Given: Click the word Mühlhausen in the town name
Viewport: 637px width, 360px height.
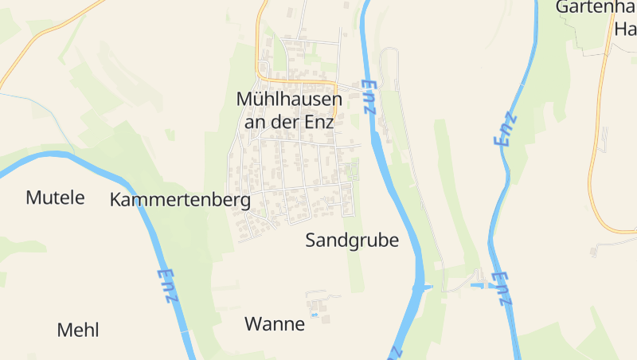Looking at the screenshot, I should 289,100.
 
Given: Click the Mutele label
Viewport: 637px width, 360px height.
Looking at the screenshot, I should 55,198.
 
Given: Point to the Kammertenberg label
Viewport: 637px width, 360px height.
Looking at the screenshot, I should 180,200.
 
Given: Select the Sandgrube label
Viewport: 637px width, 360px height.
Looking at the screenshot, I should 352,241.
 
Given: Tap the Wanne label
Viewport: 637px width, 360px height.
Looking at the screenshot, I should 275,324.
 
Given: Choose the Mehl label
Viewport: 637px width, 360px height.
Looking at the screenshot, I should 78,330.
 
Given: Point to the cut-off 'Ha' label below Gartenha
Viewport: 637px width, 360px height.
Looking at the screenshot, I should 624,29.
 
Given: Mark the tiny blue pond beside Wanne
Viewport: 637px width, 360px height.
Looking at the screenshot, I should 314,315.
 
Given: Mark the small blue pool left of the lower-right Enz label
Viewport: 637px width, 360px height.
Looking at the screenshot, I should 478,284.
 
